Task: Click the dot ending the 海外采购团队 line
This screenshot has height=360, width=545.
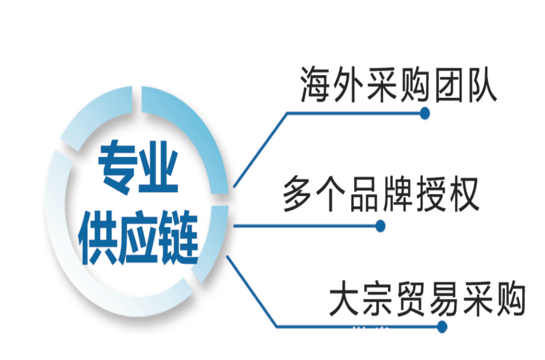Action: [424, 114]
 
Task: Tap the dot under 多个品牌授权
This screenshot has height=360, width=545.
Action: [380, 226]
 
